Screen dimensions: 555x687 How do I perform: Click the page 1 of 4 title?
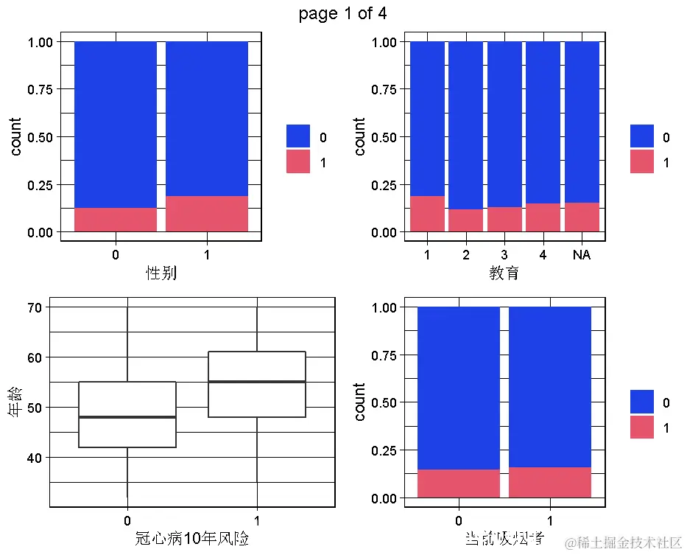342,13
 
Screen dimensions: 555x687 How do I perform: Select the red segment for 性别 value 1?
207,214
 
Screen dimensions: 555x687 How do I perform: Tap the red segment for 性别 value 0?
116,220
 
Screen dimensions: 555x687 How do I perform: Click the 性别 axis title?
161,273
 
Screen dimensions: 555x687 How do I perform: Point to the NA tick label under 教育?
582,255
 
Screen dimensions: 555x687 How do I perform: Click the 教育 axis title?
504,273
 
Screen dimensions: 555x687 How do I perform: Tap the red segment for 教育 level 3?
504,219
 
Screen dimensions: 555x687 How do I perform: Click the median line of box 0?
127,417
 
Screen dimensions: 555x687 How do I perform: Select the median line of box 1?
257,382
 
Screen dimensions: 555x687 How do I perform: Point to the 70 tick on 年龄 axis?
33,307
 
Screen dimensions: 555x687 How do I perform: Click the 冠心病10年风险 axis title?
192,539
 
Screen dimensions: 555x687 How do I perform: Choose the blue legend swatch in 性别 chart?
298,136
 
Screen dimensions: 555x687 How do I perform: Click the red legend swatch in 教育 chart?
641,161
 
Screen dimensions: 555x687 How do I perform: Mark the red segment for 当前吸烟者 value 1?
550,482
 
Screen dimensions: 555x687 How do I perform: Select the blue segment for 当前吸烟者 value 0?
459,388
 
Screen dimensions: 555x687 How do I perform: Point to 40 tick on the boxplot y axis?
33,458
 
